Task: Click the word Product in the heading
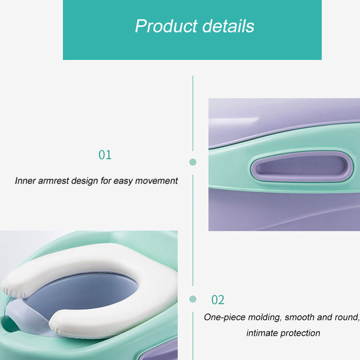click(x=166, y=26)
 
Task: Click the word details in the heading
click(x=228, y=25)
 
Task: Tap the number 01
click(x=105, y=155)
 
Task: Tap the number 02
click(x=217, y=300)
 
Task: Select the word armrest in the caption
click(x=54, y=181)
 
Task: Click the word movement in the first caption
click(x=156, y=181)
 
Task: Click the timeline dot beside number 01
click(x=193, y=162)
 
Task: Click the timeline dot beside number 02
click(x=193, y=299)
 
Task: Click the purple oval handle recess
click(x=301, y=166)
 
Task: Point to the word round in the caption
click(x=347, y=317)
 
